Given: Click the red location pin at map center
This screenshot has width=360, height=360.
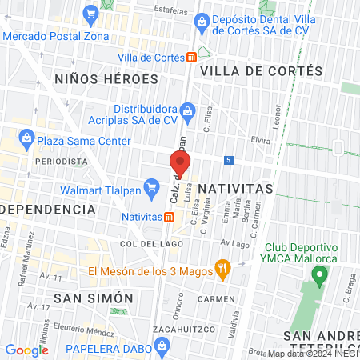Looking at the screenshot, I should click(x=179, y=164).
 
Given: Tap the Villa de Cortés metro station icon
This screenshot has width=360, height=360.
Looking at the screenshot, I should click(x=191, y=58).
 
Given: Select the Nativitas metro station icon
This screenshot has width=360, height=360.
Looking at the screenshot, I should click(x=170, y=216).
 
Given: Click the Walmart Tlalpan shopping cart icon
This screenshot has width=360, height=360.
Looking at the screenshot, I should click(x=150, y=190).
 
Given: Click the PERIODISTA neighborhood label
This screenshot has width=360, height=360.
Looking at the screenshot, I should click(x=61, y=161).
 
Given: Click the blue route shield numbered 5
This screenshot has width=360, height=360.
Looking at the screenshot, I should click(x=229, y=160).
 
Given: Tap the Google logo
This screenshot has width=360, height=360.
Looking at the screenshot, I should click(x=26, y=350).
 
